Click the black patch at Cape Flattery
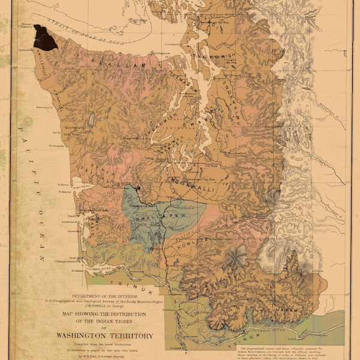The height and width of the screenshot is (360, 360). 45,37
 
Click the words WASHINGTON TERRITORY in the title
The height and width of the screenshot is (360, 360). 104,336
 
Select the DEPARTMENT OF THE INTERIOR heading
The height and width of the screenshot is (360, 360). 106,296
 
